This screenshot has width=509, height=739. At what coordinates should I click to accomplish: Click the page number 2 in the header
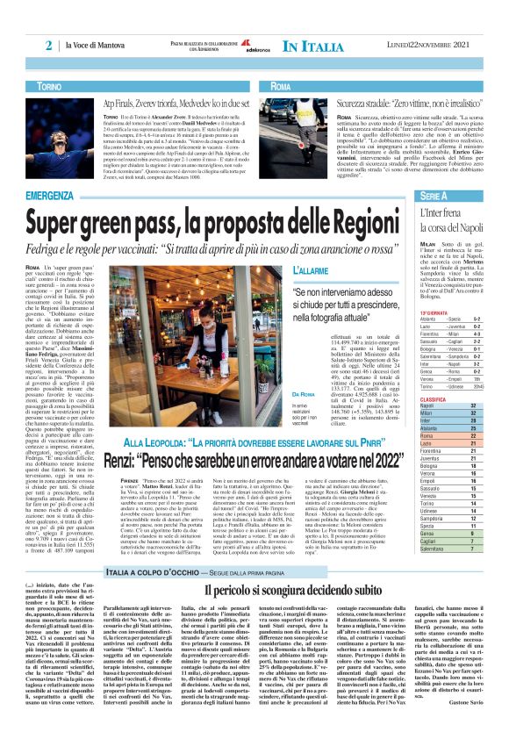49,45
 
